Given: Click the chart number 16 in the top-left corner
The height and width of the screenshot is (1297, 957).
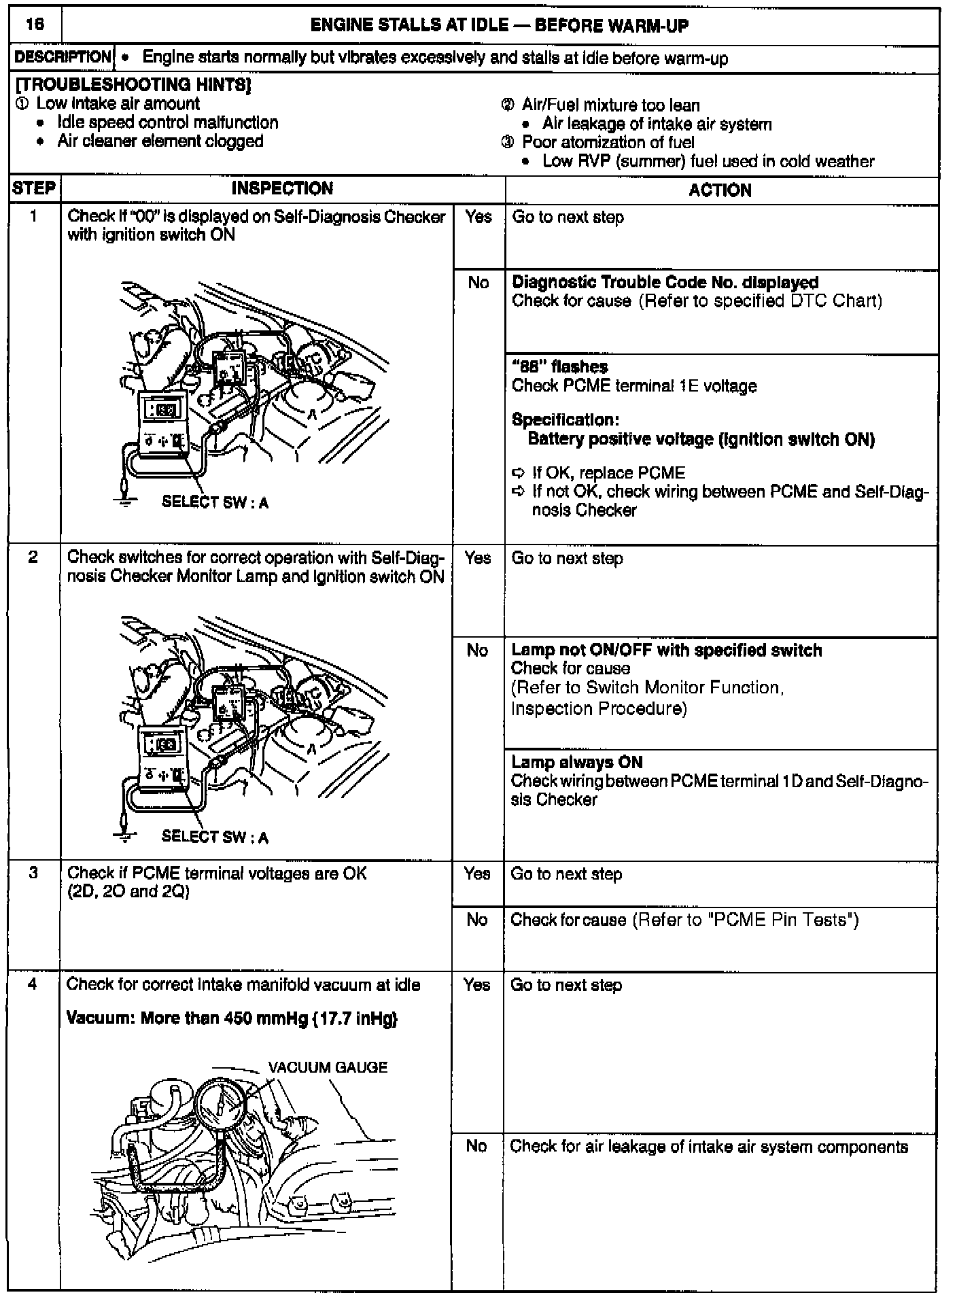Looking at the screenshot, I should click(35, 25).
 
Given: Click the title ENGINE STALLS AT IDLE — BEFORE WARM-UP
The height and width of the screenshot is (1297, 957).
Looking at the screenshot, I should click(499, 26).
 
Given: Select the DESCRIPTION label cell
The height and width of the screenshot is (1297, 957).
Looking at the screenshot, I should click(63, 58).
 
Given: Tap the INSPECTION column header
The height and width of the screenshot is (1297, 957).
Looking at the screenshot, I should click(282, 188).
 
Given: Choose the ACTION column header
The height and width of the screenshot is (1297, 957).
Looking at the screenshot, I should click(720, 190).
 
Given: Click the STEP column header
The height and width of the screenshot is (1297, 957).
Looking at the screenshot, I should click(34, 188).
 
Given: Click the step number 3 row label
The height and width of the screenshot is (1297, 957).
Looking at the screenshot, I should click(33, 872).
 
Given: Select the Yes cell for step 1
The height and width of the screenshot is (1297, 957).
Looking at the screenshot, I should click(478, 217).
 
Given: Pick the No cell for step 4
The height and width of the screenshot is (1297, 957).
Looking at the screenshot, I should click(476, 1146).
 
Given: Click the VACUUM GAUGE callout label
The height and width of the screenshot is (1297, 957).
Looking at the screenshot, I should click(328, 1067).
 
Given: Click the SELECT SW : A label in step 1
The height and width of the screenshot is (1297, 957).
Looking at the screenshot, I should click(215, 503).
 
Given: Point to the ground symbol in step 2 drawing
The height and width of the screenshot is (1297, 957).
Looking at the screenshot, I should click(124, 836).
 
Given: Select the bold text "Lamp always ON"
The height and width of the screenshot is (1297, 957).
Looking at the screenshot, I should click(576, 762).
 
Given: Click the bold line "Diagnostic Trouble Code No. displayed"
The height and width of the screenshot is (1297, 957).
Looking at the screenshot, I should click(664, 282).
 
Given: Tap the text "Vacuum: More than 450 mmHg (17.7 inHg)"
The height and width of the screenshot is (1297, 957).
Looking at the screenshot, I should click(232, 1018).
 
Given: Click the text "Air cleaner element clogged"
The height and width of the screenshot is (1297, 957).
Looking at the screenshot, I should click(160, 141).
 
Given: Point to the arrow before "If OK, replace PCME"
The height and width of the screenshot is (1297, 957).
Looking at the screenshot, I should click(519, 472).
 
